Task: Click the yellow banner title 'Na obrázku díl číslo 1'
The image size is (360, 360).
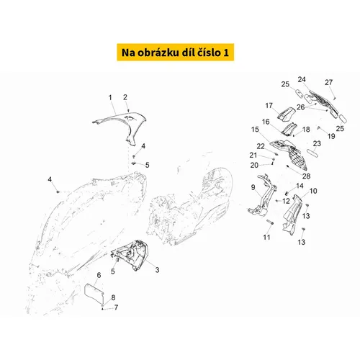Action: coord(175,53)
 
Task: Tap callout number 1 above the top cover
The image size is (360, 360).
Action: coord(110,97)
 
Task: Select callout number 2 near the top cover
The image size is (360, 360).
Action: coord(125,97)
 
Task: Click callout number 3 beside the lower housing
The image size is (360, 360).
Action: coord(157,270)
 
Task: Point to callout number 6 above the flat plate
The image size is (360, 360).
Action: coord(99,275)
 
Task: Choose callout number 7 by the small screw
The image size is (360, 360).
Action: coord(116,307)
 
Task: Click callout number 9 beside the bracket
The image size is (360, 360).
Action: coord(253,187)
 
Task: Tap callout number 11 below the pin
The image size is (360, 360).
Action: coord(266,237)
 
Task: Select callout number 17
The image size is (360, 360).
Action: coord(269,106)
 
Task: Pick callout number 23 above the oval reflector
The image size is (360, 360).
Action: coord(317,143)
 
